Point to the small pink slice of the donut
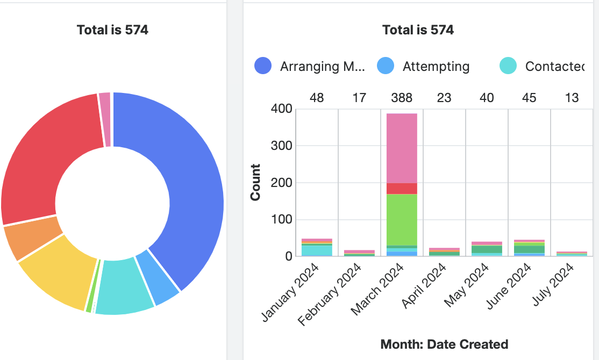105,119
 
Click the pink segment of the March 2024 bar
402,148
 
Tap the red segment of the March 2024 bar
402,188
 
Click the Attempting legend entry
436,67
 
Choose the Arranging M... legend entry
322,67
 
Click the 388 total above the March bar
402,98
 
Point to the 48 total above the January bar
317,98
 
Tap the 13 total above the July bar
572,98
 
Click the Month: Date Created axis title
444,344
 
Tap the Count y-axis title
255,183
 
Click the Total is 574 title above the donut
112,30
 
